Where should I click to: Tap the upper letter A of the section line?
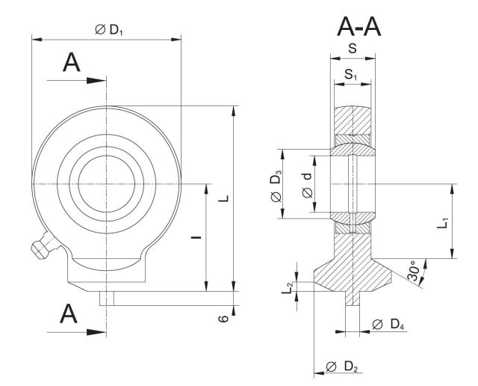pyautogui.click(x=72, y=64)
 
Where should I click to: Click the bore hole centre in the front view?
pyautogui.click(x=107, y=183)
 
